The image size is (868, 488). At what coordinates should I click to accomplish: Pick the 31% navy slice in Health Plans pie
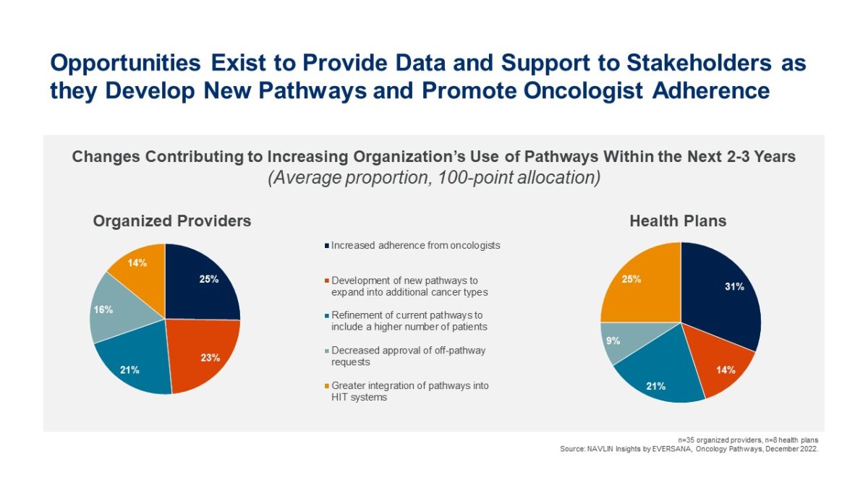725,294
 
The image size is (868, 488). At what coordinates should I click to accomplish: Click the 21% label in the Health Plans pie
655,386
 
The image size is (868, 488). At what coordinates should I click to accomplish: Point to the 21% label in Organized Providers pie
129,370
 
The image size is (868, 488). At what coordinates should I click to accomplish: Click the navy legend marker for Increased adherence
327,246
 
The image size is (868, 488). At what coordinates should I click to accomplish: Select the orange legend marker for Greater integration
327,386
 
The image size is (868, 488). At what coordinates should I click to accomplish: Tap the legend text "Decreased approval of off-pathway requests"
409,356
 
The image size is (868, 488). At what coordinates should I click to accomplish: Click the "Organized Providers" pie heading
172,221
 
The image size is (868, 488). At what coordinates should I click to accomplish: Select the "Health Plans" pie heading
678,221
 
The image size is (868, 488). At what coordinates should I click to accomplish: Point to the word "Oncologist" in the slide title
583,91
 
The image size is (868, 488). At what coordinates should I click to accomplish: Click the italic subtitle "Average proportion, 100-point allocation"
434,178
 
